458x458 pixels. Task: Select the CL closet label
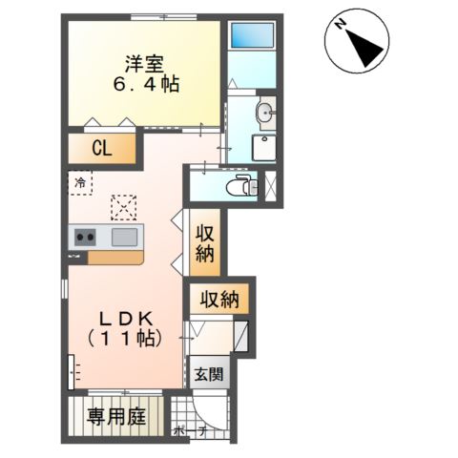click(102, 148)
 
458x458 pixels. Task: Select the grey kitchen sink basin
click(125, 237)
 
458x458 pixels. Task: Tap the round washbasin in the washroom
click(264, 114)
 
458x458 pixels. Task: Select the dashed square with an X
click(123, 206)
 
